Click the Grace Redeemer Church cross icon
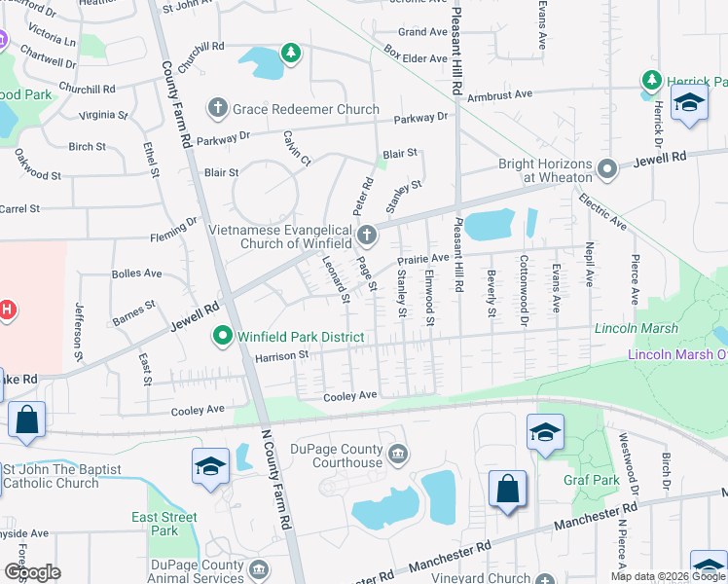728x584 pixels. [218, 109]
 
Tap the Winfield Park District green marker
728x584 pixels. [222, 337]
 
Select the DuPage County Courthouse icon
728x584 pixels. [397, 453]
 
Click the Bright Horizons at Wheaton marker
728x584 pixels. [607, 170]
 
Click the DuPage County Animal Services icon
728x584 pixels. [258, 568]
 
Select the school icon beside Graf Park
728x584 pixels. [545, 432]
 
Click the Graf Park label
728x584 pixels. [591, 480]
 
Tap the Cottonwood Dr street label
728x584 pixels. [524, 289]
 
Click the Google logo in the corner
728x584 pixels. [32, 572]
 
